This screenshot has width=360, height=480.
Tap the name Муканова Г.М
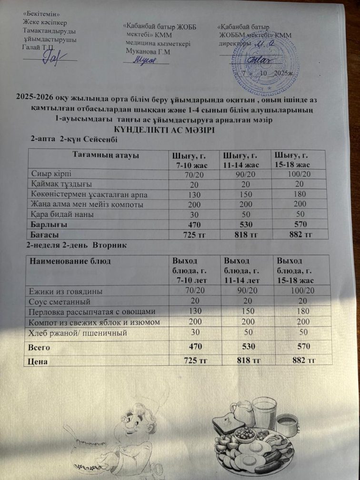[148, 51]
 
